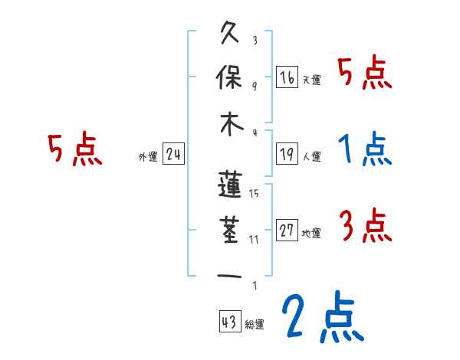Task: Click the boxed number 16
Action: click(x=287, y=77)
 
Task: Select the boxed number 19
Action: click(x=287, y=155)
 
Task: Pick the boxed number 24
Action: click(x=173, y=155)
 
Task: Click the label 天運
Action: click(x=311, y=80)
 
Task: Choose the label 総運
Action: click(x=255, y=324)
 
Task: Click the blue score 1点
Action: click(x=365, y=149)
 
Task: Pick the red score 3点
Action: click(x=365, y=225)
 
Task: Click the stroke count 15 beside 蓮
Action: click(x=254, y=194)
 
